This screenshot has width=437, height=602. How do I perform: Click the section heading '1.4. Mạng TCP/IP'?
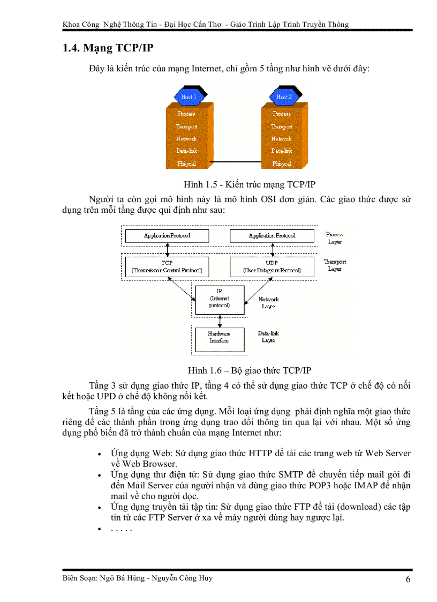pos(108,48)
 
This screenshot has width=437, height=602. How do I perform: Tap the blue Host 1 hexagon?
pos(188,97)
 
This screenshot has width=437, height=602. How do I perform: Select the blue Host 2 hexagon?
pos(284,97)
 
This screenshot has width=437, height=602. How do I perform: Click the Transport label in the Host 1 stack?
pos(187,127)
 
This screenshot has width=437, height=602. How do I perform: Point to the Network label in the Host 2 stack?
pos(282,139)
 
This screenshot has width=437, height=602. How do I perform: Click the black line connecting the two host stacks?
pos(237,162)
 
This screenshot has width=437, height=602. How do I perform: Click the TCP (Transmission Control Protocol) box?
pos(167,266)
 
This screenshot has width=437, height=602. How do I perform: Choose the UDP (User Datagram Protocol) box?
pos(272,266)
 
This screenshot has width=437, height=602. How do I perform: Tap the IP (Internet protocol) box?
pos(220,300)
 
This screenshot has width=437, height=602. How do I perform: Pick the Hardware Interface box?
pos(219,337)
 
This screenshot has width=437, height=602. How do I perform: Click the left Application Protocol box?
pos(167,236)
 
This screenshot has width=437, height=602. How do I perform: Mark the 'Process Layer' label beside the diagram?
pos(335,238)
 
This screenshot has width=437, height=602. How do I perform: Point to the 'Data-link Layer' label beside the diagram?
pos(268,337)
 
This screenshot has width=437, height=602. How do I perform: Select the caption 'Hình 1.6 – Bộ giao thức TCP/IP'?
pos(249,370)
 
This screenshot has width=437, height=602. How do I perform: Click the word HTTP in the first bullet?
pos(261,454)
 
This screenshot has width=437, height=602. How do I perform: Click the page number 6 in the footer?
pos(408,579)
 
